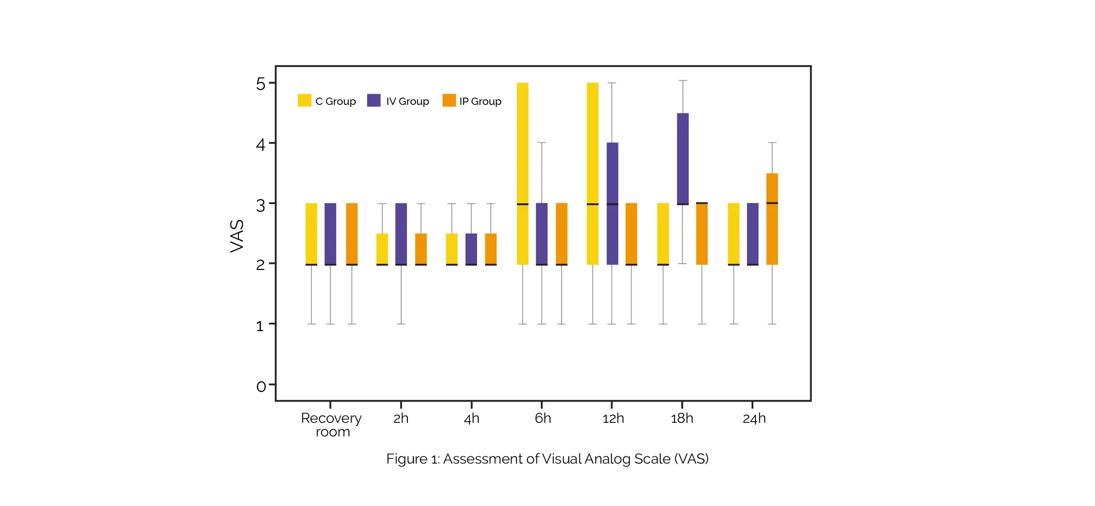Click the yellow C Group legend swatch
(x=304, y=100)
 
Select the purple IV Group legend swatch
(x=373, y=100)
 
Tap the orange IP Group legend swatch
(x=449, y=100)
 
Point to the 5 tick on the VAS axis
(x=261, y=84)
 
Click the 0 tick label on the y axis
(x=261, y=386)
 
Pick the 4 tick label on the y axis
(x=261, y=145)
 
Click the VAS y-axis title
(x=237, y=236)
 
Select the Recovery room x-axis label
(x=331, y=424)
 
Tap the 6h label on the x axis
(x=543, y=419)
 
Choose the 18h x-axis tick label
(x=682, y=419)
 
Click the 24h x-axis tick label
(x=754, y=419)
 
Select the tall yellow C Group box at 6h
(x=522, y=174)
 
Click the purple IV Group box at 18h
(x=682, y=159)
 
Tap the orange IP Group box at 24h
(x=772, y=219)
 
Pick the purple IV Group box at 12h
(x=612, y=203)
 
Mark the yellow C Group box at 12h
(x=592, y=174)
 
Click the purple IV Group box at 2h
(x=401, y=234)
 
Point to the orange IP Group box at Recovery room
(x=351, y=234)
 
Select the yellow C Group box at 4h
(x=452, y=249)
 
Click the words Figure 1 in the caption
(x=412, y=459)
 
